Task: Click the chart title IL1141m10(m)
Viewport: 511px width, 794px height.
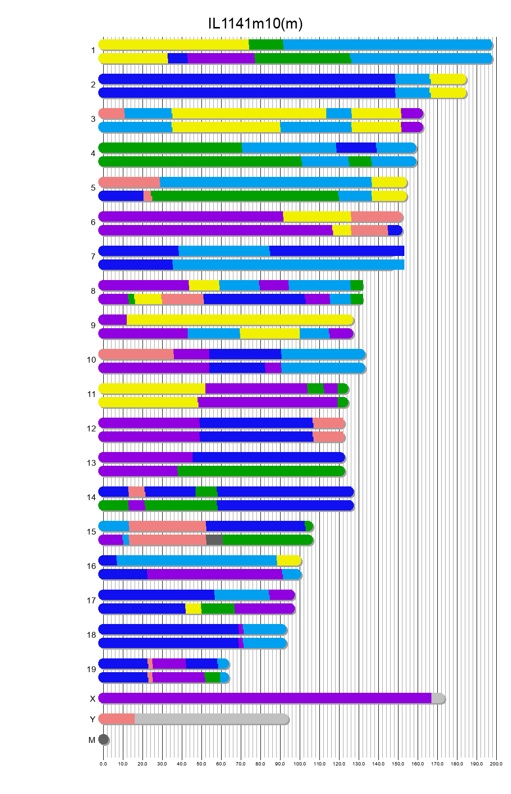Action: (x=255, y=23)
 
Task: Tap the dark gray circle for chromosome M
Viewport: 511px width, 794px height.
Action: (x=103, y=739)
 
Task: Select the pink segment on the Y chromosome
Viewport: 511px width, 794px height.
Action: (x=117, y=719)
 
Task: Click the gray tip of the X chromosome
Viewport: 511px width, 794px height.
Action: (x=437, y=698)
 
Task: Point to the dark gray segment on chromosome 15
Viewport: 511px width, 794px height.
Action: (x=214, y=540)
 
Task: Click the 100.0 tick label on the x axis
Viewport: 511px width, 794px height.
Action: (x=300, y=764)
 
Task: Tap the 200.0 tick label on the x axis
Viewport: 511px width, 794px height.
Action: (x=496, y=764)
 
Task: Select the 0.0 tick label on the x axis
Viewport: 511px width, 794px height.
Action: (x=103, y=764)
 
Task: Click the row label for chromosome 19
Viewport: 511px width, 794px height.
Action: (x=91, y=669)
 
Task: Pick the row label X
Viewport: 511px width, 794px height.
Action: (x=92, y=699)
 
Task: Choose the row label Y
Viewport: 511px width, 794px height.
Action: (x=92, y=719)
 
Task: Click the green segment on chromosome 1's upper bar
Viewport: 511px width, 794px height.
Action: (x=266, y=45)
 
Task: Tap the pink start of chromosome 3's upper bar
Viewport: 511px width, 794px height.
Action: (x=112, y=113)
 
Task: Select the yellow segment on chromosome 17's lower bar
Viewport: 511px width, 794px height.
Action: (x=193, y=609)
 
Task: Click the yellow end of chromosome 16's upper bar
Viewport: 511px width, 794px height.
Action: (x=288, y=561)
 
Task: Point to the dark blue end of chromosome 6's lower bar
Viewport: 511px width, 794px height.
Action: (x=395, y=230)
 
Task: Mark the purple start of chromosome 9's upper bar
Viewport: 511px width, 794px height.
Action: (x=113, y=320)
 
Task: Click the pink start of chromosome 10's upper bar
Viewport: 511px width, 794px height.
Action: (x=136, y=354)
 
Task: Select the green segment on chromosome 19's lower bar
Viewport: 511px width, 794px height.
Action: (x=212, y=678)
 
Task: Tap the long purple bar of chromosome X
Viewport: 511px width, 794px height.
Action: (x=265, y=698)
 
